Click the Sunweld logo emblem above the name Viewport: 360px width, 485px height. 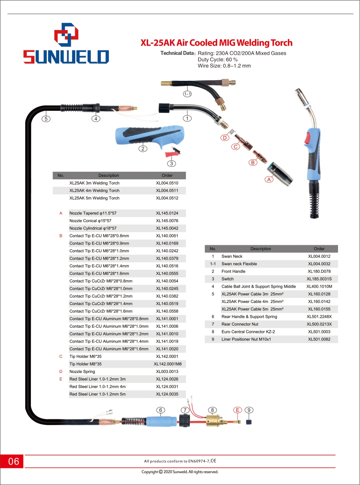click(66, 34)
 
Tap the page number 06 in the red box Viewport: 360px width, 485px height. click(14, 461)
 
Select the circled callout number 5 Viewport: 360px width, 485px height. click(46, 119)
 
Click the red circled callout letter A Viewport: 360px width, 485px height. click(269, 179)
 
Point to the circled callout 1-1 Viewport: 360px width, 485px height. click(187, 94)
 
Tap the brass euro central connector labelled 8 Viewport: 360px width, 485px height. click(213, 421)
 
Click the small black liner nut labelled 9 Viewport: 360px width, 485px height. click(249, 422)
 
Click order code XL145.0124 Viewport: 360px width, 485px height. click(167, 213)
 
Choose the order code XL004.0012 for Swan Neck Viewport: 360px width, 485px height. click(319, 256)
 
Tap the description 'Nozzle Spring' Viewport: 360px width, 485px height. click(82, 371)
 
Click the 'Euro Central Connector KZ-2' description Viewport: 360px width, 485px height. click(248, 332)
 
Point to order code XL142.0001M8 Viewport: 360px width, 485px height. click(168, 364)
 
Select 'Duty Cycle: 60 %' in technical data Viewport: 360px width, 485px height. click(218, 60)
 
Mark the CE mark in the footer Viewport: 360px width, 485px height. click(214, 461)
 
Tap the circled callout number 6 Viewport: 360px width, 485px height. click(161, 410)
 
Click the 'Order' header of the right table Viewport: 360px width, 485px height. click(319, 249)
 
